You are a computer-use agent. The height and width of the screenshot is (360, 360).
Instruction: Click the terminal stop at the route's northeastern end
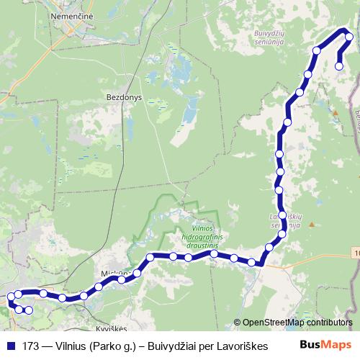click(x=339, y=66)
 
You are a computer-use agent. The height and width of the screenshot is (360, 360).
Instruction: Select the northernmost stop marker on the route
click(x=349, y=37)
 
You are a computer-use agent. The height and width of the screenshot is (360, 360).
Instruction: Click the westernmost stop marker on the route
click(x=10, y=297)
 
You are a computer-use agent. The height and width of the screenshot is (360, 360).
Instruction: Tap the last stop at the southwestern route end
click(x=29, y=310)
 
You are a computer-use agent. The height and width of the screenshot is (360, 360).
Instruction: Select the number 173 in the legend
click(x=31, y=346)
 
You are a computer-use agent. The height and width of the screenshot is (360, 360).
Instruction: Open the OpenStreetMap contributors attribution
click(x=297, y=322)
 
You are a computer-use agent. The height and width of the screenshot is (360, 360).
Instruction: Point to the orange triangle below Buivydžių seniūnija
click(x=335, y=112)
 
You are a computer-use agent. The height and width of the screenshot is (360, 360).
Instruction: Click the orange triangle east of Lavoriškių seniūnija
click(x=311, y=224)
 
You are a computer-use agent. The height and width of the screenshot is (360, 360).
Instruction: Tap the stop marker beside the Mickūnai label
click(x=121, y=279)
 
